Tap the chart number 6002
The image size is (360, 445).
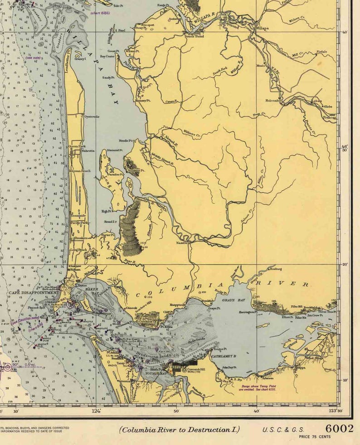coord(339,429)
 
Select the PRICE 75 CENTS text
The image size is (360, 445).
coord(315,437)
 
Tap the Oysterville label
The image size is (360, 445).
coord(92,116)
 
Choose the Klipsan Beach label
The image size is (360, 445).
coord(80,171)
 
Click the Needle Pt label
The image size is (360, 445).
coord(126,141)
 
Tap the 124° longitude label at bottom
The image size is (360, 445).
coord(96,411)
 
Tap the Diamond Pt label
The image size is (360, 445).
coord(115,150)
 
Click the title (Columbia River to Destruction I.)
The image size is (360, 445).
coord(180,430)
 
